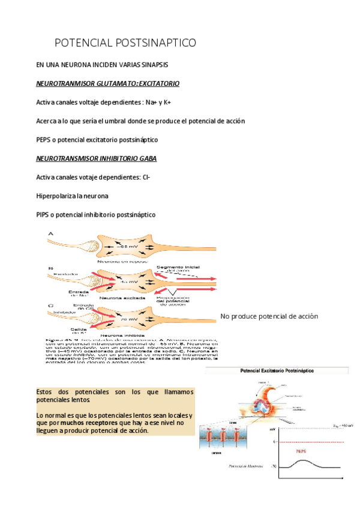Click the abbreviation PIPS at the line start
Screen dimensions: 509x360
pos(44,214)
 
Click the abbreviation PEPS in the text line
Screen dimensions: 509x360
pos(44,139)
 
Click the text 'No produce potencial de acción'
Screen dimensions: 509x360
pos(269,316)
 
